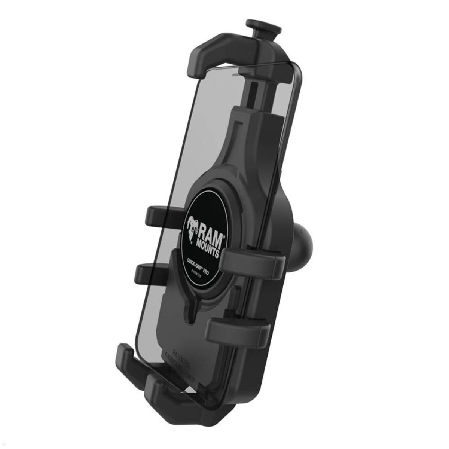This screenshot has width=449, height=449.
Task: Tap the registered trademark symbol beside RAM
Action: click(x=224, y=236)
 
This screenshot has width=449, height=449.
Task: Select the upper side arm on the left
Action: click(x=157, y=214)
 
